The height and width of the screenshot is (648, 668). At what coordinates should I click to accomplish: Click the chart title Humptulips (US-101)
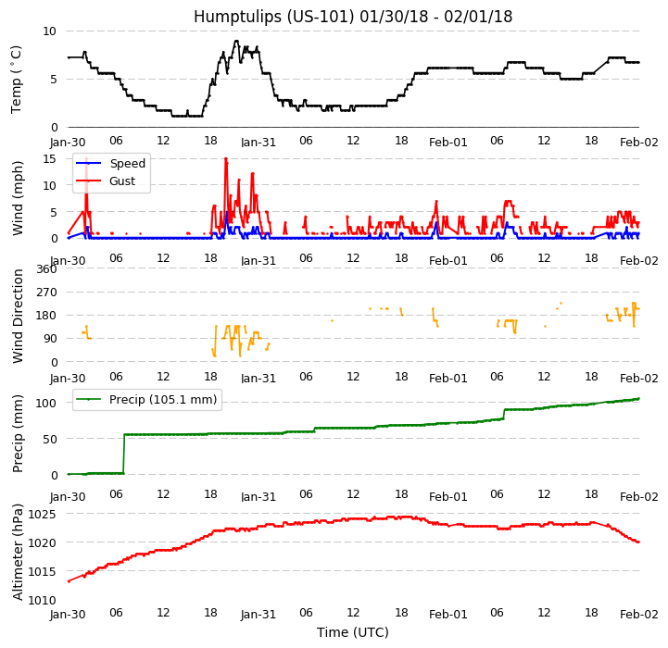tap(352, 17)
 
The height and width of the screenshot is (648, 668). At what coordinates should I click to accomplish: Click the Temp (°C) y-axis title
tap(17, 79)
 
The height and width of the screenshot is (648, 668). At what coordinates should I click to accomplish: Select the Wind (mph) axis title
tap(18, 197)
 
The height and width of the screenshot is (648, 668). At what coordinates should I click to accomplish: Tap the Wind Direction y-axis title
tap(18, 315)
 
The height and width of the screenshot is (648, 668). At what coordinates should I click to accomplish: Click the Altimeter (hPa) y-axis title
tap(18, 552)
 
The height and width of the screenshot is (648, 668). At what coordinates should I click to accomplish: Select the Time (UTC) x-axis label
tap(353, 632)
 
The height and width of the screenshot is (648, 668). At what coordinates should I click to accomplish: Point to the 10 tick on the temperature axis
tap(48, 31)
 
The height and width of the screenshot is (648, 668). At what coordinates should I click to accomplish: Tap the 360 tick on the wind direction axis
tap(45, 268)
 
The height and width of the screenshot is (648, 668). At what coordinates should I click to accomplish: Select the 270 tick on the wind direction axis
tap(45, 292)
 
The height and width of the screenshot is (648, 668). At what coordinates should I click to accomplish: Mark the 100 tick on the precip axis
tap(45, 403)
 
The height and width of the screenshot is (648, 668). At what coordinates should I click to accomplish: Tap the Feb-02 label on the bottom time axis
tap(639, 615)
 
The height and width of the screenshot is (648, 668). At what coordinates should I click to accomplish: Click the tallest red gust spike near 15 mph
tap(225, 159)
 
